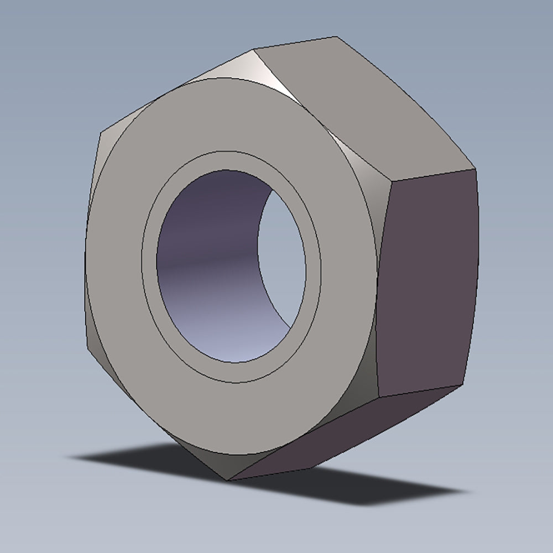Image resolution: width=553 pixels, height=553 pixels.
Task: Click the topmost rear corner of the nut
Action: [x=336, y=37]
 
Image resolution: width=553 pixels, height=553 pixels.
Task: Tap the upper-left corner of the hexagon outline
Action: [x=101, y=133]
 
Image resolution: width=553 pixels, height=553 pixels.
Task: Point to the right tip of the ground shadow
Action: [x=465, y=491]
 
